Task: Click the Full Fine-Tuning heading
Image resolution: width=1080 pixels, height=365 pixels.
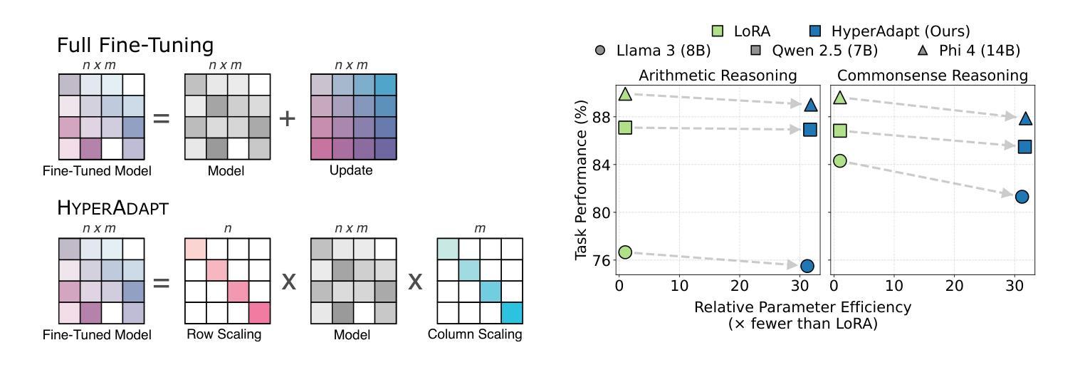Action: tap(135, 46)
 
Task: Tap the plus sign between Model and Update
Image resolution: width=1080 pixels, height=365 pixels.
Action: tap(287, 118)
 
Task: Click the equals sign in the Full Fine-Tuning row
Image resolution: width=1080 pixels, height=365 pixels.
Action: tap(162, 118)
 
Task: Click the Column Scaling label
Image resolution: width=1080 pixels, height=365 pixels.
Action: tap(475, 334)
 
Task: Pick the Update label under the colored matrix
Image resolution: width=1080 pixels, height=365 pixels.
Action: tap(352, 171)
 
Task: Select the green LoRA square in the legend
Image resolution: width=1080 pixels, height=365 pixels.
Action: tap(718, 31)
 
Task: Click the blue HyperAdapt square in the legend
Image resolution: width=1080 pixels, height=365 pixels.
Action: tap(816, 31)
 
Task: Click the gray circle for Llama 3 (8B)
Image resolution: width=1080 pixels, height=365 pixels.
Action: tap(600, 51)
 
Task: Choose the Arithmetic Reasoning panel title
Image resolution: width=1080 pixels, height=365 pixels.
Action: tap(717, 76)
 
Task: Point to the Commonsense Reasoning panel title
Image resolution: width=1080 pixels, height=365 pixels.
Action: tap(932, 76)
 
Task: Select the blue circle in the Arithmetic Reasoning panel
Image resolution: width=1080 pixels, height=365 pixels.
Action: tap(807, 266)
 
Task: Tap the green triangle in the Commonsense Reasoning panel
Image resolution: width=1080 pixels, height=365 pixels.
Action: tap(840, 97)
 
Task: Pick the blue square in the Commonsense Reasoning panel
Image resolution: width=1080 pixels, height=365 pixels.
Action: tap(1024, 147)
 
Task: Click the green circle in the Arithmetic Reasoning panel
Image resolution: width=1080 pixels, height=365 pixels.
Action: tap(625, 252)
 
